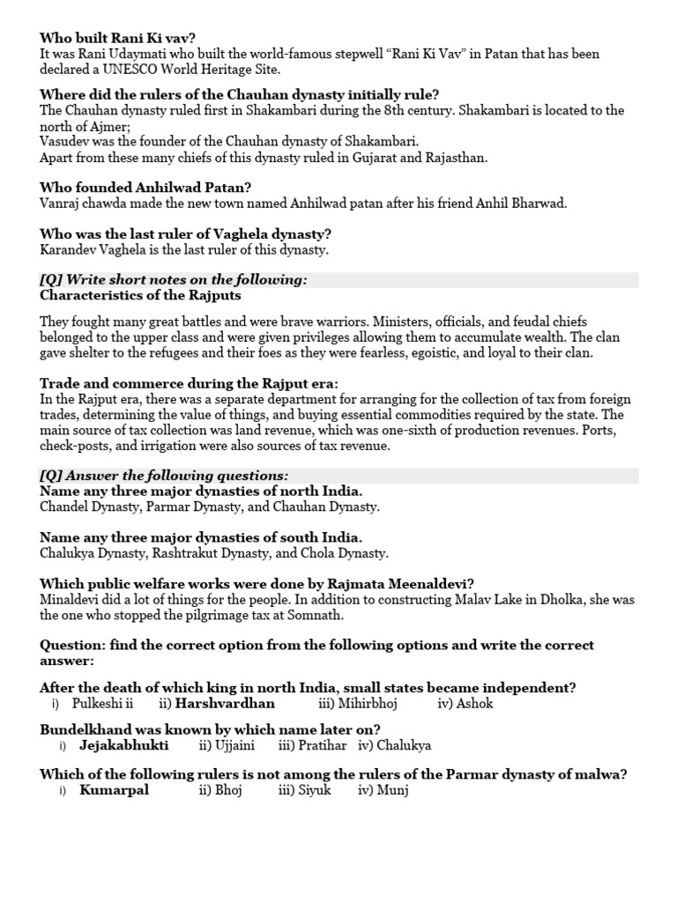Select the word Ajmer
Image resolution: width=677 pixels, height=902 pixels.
coord(101,126)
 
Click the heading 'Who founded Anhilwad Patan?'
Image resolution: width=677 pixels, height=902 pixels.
coord(145,187)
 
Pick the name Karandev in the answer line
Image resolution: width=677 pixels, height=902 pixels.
coord(70,250)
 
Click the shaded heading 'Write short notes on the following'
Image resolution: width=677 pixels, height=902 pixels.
coord(174,279)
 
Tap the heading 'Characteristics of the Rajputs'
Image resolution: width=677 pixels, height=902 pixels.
coord(140,295)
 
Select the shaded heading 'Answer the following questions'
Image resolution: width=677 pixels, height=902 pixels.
coord(164,475)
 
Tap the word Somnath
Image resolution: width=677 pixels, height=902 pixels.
coord(312,616)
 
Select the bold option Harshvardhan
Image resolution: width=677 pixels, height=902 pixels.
coord(225,704)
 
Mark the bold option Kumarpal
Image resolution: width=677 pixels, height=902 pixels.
coord(114,790)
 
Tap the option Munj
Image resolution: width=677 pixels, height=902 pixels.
coord(385,790)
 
